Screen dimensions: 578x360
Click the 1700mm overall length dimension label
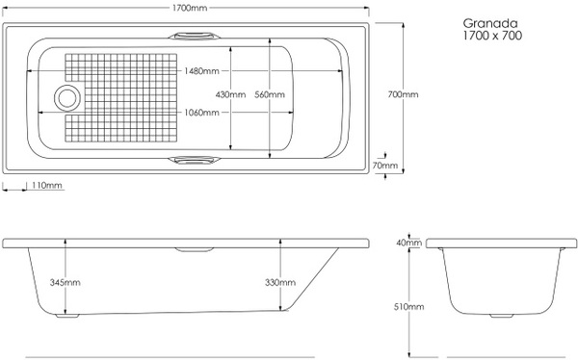click(x=190, y=8)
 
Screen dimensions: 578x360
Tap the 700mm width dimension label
click(x=403, y=94)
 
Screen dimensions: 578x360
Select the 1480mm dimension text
click(x=201, y=70)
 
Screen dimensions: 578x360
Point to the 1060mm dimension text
click(x=201, y=113)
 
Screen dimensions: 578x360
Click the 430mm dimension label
click(x=230, y=94)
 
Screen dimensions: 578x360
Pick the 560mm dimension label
click(x=270, y=94)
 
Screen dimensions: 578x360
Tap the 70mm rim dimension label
click(x=384, y=166)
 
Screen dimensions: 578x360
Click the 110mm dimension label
click(x=47, y=185)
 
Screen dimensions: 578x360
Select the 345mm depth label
click(x=65, y=283)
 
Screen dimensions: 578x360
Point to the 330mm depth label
click(x=280, y=283)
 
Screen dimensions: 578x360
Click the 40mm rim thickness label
click(x=408, y=243)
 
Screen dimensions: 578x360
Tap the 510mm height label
click(x=408, y=306)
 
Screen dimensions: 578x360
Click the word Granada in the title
click(x=490, y=23)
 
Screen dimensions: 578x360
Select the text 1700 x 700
click(x=492, y=36)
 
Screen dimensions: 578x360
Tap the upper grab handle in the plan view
click(x=194, y=36)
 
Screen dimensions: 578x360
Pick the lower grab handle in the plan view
click(x=194, y=161)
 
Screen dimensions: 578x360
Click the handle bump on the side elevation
click(x=194, y=249)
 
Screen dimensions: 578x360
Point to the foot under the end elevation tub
click(x=501, y=316)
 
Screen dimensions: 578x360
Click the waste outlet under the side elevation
click(x=67, y=316)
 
